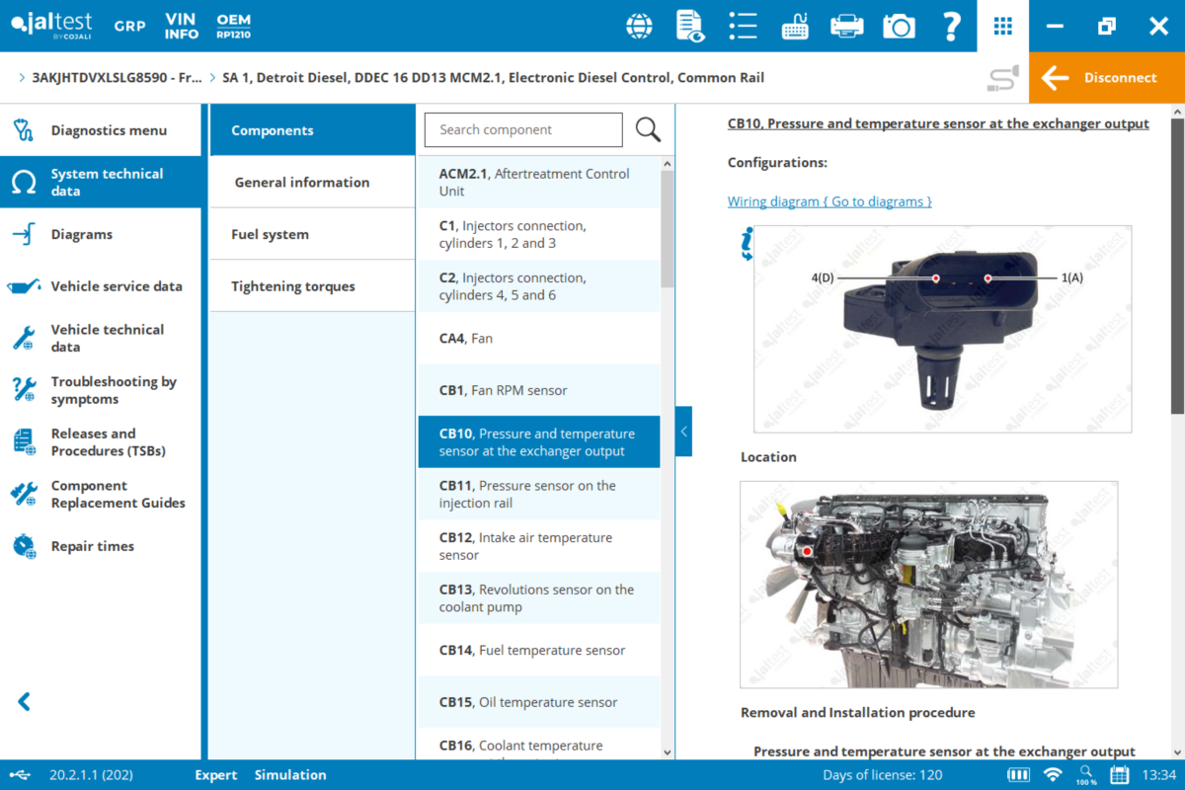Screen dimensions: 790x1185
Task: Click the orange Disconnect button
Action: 1106,78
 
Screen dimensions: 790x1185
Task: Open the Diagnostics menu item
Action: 109,130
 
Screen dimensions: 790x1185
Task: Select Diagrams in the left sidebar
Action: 82,234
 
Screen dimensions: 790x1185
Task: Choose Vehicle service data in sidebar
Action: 117,286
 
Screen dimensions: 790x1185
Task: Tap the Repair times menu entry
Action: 93,546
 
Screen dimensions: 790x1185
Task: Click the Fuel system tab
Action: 271,234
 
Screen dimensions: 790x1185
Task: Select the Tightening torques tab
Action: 293,286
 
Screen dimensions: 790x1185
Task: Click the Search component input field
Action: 523,129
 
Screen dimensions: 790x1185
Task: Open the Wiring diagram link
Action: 829,201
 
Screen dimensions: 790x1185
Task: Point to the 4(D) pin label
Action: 823,278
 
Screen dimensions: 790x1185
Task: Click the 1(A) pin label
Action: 1072,278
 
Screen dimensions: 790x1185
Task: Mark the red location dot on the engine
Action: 807,550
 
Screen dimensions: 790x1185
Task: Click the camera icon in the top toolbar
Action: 899,27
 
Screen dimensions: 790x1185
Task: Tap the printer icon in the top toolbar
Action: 846,27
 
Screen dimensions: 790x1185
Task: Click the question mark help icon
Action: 952,27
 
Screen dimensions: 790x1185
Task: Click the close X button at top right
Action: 1158,27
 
